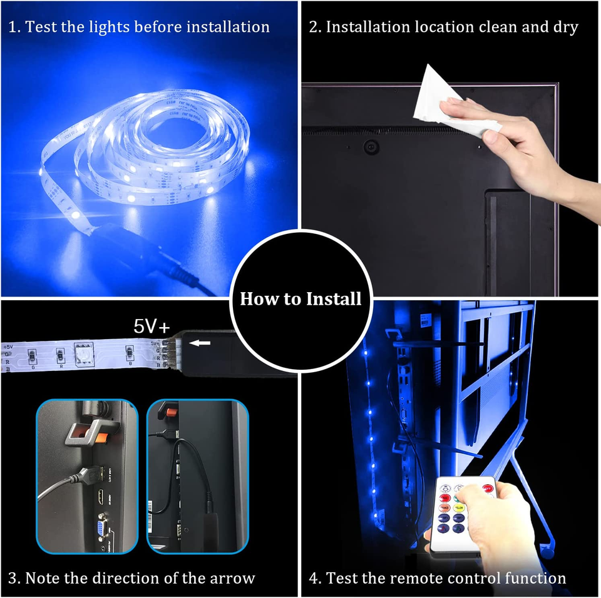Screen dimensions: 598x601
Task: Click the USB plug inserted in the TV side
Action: pos(86,476)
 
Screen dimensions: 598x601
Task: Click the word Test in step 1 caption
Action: pos(43,27)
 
